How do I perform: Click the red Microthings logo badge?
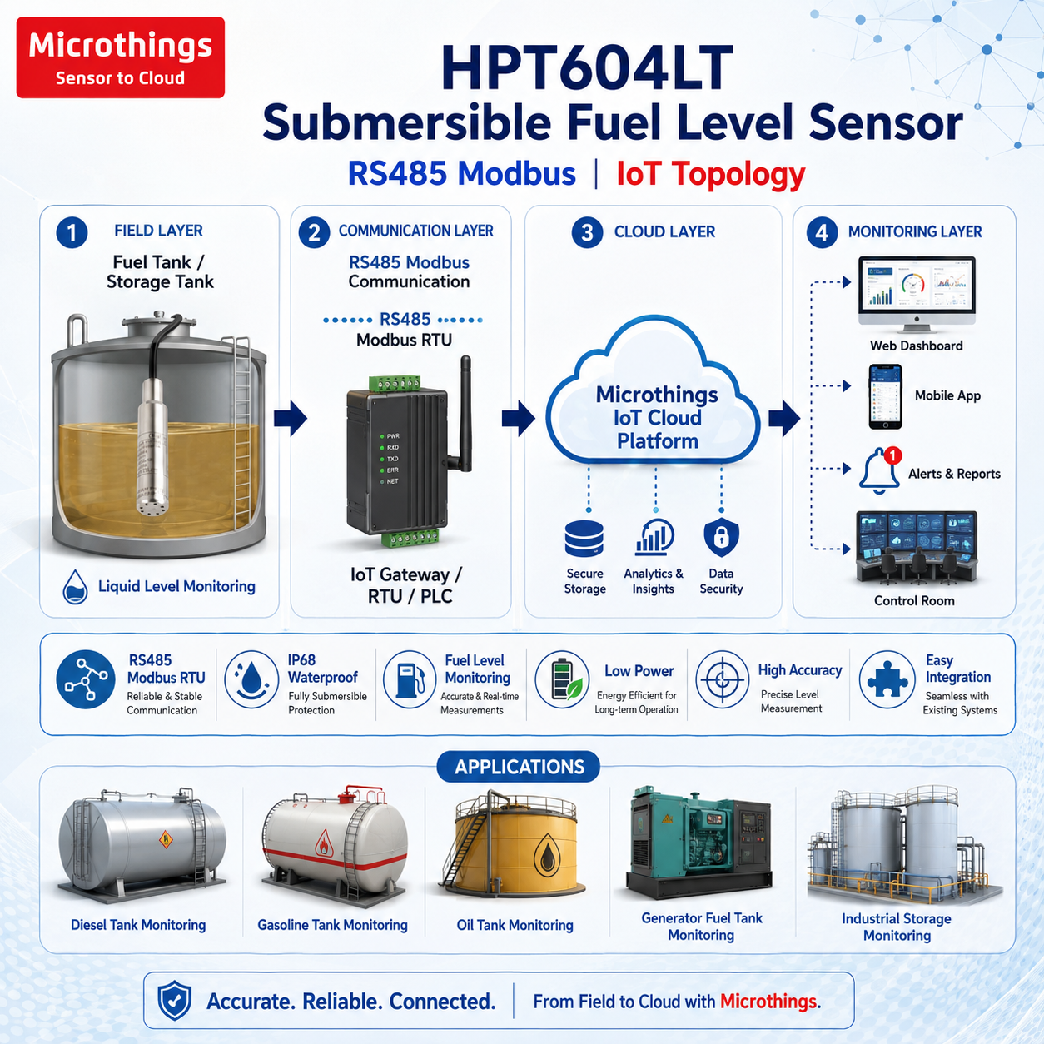pos(120,57)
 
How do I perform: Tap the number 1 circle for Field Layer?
pos(72,232)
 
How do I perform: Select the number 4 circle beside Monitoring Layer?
pos(822,232)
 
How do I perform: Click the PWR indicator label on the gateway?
pos(393,436)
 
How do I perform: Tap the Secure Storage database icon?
pos(584,539)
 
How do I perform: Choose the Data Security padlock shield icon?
pos(721,537)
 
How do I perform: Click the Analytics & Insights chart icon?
pos(654,537)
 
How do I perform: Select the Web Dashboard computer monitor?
pos(917,294)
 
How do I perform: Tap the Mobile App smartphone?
pos(885,396)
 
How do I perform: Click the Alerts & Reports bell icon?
pos(879,470)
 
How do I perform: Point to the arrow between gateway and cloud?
pos(519,418)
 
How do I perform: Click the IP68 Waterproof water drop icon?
pos(251,679)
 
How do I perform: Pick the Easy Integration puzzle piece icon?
pos(887,679)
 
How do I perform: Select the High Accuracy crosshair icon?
pos(722,679)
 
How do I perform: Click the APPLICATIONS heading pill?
pos(519,767)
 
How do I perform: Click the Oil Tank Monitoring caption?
pos(515,925)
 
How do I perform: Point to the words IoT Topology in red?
pos(711,175)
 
